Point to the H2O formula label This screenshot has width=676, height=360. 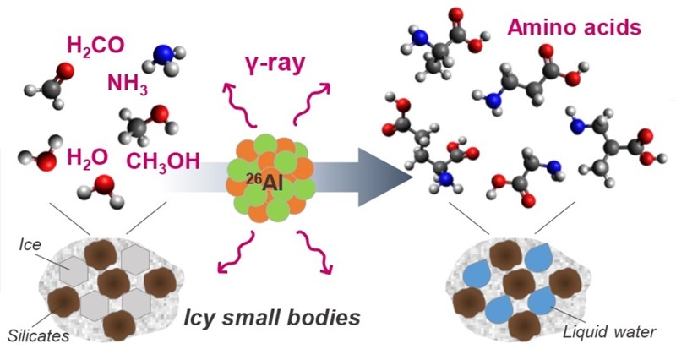(x=86, y=158)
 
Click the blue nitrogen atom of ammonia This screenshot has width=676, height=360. (x=162, y=54)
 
